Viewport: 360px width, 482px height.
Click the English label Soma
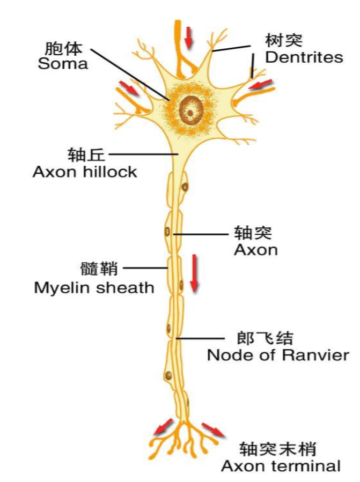point(63,64)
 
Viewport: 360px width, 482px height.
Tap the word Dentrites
point(304,57)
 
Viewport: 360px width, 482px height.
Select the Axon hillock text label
point(85,172)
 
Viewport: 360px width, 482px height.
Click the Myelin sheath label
point(94,287)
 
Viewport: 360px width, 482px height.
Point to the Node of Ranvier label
point(278,355)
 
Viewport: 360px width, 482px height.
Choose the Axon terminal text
point(281,466)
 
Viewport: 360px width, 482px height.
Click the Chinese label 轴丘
point(87,154)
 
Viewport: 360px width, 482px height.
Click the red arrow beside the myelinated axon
point(194,273)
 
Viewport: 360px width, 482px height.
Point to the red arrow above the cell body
point(188,36)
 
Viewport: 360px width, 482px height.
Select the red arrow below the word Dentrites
point(261,84)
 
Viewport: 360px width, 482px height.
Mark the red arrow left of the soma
point(129,87)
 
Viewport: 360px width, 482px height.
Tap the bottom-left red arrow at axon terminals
point(163,426)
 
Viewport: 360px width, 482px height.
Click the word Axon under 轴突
point(256,250)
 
